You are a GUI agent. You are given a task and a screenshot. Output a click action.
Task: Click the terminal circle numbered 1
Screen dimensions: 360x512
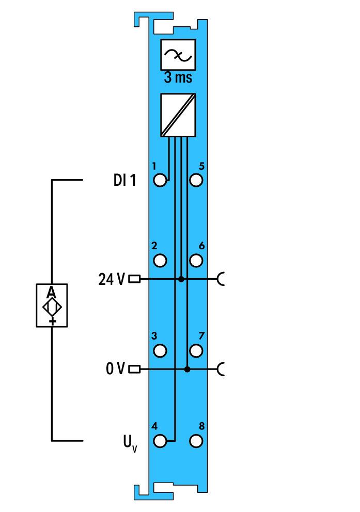point(160,180)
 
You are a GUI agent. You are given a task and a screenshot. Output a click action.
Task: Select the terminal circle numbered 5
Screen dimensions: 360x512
point(196,180)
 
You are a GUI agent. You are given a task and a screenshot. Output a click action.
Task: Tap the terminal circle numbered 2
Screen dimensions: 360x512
point(160,261)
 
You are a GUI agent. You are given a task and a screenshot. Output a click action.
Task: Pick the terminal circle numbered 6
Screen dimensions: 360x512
point(196,261)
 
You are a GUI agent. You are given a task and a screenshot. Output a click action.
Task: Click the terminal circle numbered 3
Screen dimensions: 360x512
point(160,350)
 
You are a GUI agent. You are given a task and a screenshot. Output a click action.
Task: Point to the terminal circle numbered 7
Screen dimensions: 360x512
point(196,350)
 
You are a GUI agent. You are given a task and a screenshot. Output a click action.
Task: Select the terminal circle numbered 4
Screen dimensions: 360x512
point(160,441)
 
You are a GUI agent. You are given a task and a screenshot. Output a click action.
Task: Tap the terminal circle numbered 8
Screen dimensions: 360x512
point(196,441)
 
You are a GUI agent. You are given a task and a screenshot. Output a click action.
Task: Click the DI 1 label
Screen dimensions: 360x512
point(125,180)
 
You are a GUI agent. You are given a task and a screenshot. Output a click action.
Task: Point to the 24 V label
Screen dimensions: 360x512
point(112,279)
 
